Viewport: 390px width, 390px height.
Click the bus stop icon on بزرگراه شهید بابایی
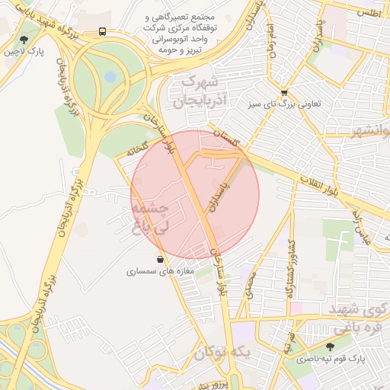click(x=102, y=32)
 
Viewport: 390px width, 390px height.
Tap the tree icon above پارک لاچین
click(x=25, y=39)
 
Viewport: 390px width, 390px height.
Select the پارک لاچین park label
click(x=24, y=53)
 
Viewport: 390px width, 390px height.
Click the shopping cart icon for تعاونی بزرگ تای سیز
click(x=285, y=92)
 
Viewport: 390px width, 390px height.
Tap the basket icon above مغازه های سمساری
click(x=159, y=259)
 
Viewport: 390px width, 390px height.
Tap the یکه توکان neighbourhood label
click(x=221, y=353)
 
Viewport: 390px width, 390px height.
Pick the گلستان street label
click(x=226, y=137)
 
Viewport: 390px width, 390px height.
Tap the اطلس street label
click(x=368, y=14)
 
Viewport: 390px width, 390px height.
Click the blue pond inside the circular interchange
click(x=110, y=77)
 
